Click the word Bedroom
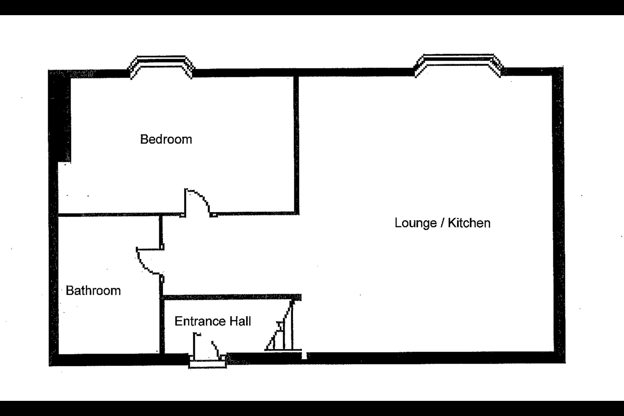coord(166,140)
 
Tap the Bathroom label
coord(93,290)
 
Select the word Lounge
coord(416,223)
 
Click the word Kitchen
coord(469,223)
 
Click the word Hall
coord(240,321)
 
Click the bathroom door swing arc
coord(147,263)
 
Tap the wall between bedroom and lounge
coord(296,143)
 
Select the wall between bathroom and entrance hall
coord(162,325)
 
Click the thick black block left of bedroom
coord(60,117)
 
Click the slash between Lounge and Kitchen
coord(442,223)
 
